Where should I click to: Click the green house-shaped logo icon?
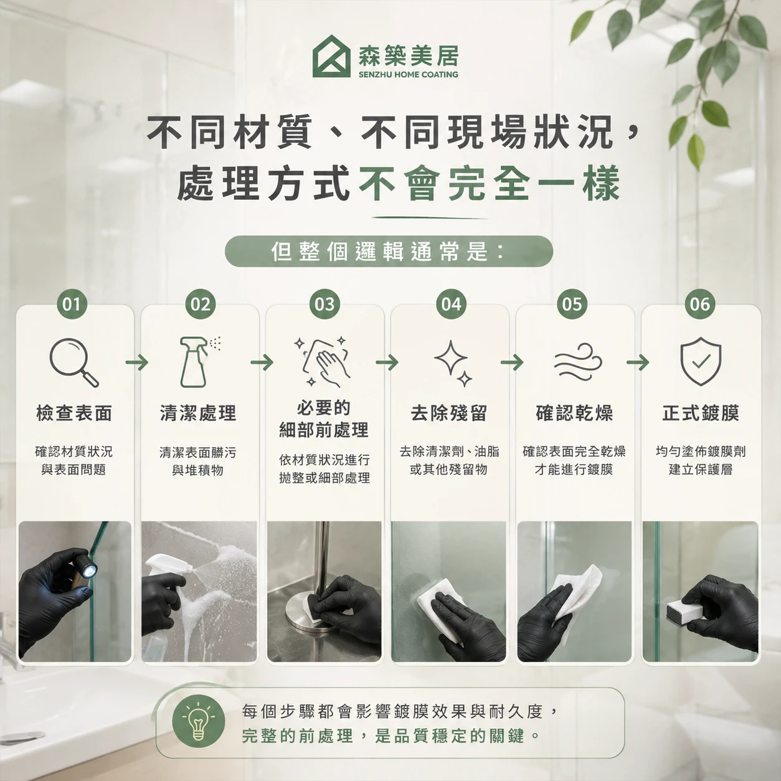pyautogui.click(x=331, y=56)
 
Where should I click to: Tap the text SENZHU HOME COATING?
pyautogui.click(x=408, y=75)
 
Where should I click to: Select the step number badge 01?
pyautogui.click(x=72, y=304)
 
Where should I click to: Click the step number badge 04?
pyautogui.click(x=451, y=304)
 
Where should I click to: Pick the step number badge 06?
pyautogui.click(x=700, y=304)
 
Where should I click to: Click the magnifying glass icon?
pyautogui.click(x=73, y=362)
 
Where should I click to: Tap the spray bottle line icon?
pyautogui.click(x=199, y=362)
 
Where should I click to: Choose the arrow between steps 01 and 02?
pyautogui.click(x=136, y=362)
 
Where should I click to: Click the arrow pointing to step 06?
pyautogui.click(x=638, y=362)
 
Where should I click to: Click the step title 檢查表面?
pyautogui.click(x=73, y=414)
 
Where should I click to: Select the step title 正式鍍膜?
pyautogui.click(x=701, y=414)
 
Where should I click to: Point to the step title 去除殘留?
pyautogui.click(x=448, y=414)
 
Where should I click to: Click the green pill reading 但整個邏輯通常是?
pyautogui.click(x=389, y=252)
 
